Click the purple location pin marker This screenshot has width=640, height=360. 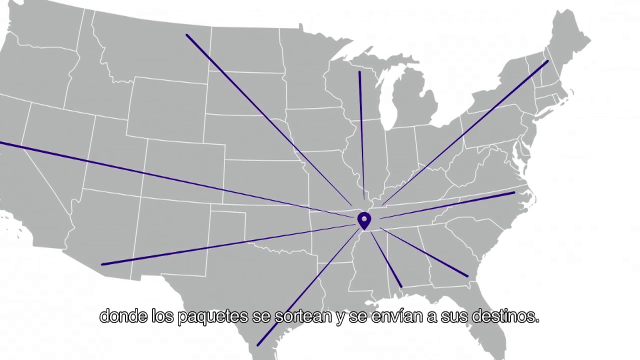(x=364, y=220)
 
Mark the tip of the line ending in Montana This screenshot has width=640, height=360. (x=187, y=35)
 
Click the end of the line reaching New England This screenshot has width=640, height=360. (x=547, y=61)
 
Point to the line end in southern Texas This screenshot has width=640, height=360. (x=258, y=344)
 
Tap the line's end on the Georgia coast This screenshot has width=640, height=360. (x=467, y=276)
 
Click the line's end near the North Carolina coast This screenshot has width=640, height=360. (x=514, y=192)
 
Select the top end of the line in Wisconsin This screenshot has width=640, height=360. (x=359, y=72)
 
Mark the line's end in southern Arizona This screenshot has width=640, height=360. (x=102, y=264)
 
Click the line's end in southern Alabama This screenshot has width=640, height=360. (x=401, y=286)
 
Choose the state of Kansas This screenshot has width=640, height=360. (x=265, y=175)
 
